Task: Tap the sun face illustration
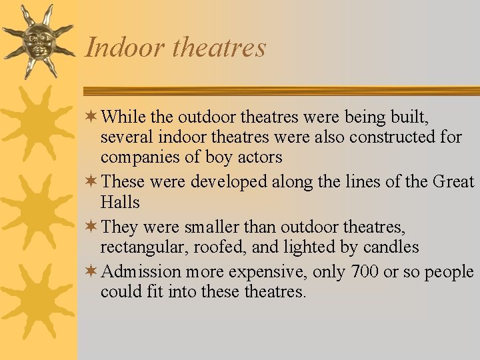[x=37, y=41]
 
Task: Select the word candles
[x=391, y=247]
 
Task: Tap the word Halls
[x=120, y=202]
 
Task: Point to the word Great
[x=453, y=181]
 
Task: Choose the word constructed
[x=388, y=138]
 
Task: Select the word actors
[x=259, y=158]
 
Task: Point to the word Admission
[x=142, y=272]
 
